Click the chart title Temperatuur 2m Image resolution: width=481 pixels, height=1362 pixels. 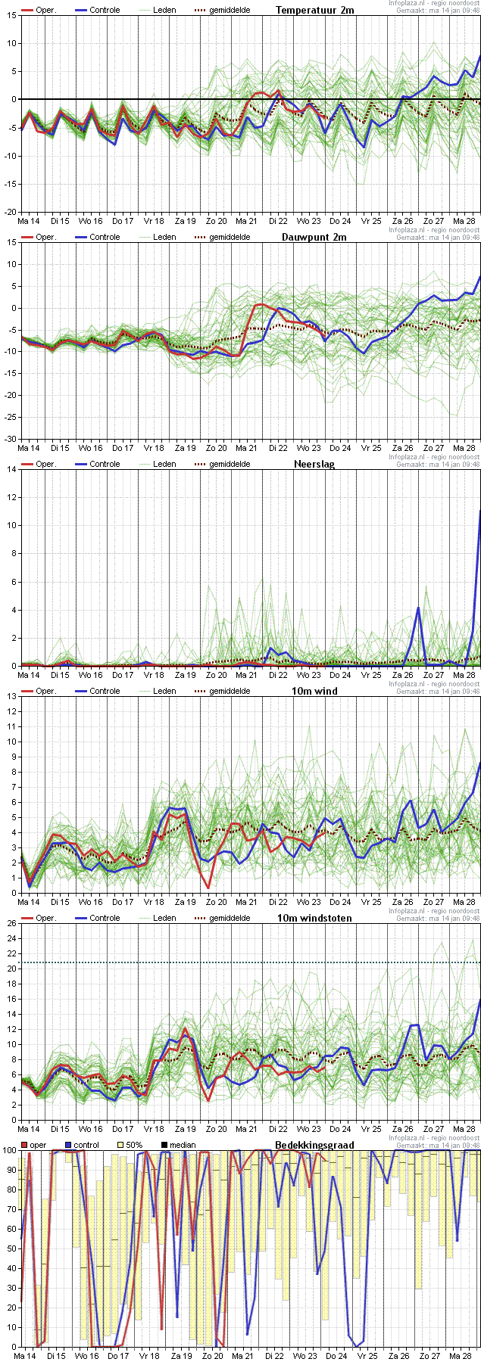tap(314, 10)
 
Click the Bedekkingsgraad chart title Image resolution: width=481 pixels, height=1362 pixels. tap(314, 1145)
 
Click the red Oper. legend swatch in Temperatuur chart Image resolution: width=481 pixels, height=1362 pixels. tap(27, 10)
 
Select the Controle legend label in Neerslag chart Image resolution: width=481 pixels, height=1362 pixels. tap(105, 464)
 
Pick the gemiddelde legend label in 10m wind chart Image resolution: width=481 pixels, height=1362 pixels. tap(230, 691)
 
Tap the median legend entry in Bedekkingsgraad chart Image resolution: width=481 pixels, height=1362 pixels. tap(183, 1145)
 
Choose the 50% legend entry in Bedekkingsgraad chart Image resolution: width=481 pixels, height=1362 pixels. tap(133, 1145)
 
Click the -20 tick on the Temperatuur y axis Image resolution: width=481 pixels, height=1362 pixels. tap(10, 212)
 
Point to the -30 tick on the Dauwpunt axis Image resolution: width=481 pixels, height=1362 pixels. tap(10, 439)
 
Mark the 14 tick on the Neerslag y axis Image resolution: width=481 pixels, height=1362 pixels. tap(11, 469)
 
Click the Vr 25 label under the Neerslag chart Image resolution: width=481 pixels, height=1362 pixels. tap(371, 675)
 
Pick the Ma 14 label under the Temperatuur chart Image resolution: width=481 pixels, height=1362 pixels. tap(29, 221)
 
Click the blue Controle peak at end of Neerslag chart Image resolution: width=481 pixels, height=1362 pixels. tap(479, 512)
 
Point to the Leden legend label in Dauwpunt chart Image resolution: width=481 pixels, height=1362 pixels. tap(164, 237)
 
